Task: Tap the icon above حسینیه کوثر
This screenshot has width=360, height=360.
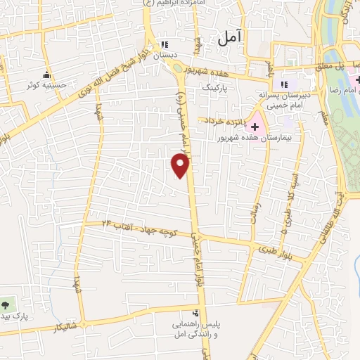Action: coord(47,75)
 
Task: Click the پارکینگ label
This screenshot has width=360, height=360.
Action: coord(216,90)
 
